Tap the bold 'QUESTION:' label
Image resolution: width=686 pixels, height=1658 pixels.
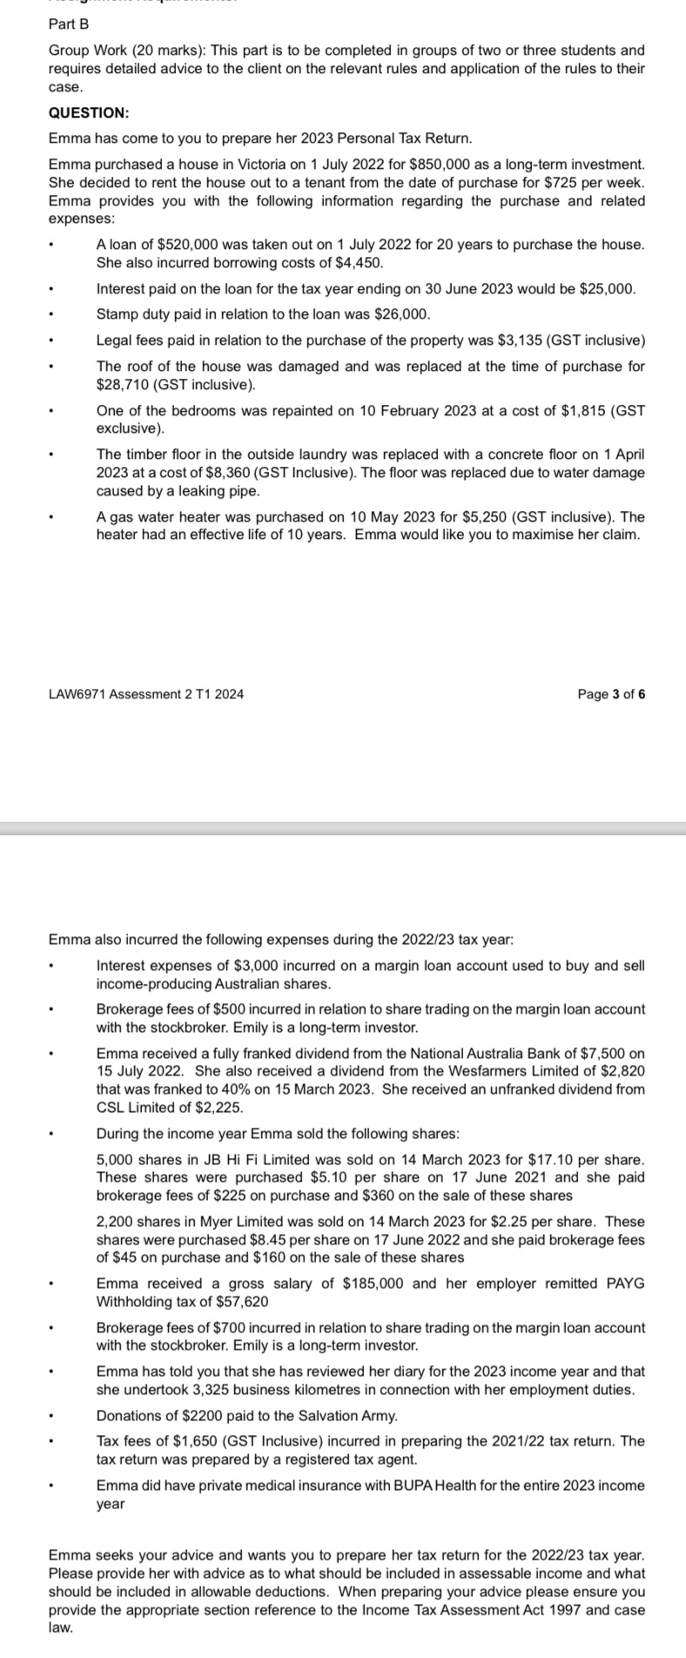89,112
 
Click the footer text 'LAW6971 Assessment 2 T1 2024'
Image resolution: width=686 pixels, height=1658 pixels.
146,694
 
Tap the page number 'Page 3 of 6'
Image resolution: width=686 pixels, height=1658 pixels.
611,694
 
